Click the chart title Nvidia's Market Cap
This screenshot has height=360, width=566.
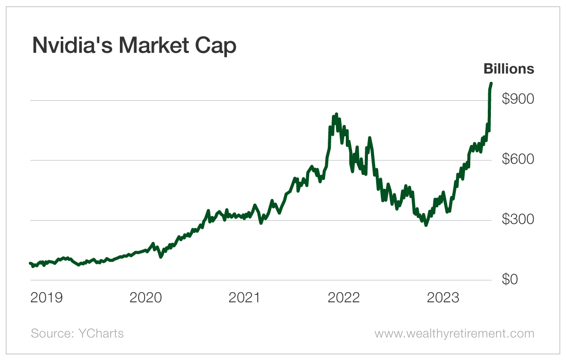coord(134,46)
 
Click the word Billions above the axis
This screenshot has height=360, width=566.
coord(508,69)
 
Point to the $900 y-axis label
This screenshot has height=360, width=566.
coord(518,99)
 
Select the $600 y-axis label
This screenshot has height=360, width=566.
coord(518,159)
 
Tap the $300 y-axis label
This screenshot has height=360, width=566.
coord(518,220)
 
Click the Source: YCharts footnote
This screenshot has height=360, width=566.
coord(77,333)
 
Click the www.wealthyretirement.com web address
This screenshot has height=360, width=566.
coord(454,333)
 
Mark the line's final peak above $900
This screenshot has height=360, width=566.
coord(491,83)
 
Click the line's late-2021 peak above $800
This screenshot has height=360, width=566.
coord(336,114)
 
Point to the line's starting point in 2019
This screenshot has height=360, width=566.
coord(30,263)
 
